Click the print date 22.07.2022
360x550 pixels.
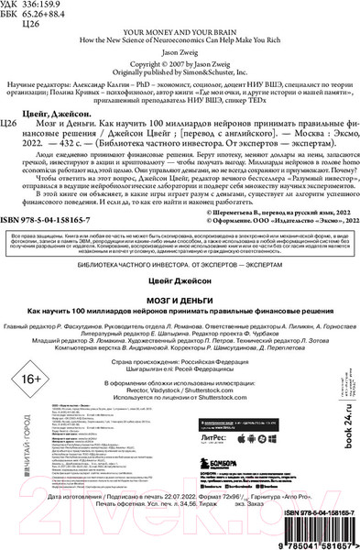pos(196,520)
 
